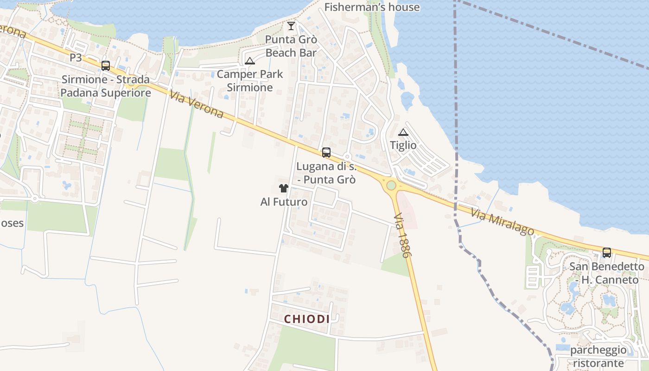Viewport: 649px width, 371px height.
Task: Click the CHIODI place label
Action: coord(307,319)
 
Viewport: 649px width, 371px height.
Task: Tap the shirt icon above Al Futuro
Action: coord(284,188)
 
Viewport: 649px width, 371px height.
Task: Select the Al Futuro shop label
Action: coord(284,202)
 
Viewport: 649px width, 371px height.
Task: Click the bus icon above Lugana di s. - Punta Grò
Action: coord(326,153)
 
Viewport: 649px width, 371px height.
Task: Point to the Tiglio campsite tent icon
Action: coord(403,132)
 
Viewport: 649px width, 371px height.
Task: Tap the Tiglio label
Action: coord(403,145)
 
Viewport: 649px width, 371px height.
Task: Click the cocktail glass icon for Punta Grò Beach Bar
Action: coord(291,26)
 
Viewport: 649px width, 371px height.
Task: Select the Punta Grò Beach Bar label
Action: coord(291,46)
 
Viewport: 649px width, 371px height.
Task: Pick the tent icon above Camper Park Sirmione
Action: coord(250,61)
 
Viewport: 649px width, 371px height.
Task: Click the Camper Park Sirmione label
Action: coord(250,81)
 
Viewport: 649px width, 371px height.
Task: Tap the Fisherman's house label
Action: coord(372,7)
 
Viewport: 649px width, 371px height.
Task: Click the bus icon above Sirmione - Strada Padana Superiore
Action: coord(106,66)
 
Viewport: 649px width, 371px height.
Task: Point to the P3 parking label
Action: coord(76,58)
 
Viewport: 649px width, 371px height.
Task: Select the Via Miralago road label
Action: coord(503,222)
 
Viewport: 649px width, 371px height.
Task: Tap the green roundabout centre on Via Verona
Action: coord(391,185)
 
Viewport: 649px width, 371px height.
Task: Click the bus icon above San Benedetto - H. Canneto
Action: coord(607,253)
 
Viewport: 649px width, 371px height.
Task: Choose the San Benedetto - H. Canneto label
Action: coord(606,273)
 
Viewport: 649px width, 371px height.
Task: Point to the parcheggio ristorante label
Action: coord(598,356)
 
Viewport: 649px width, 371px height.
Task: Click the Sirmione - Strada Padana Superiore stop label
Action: coord(106,86)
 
